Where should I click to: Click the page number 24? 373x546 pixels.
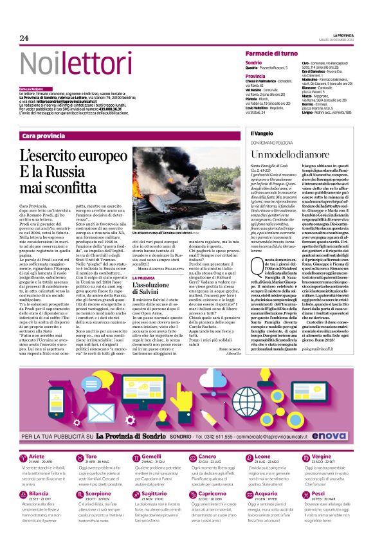tap(24, 39)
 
